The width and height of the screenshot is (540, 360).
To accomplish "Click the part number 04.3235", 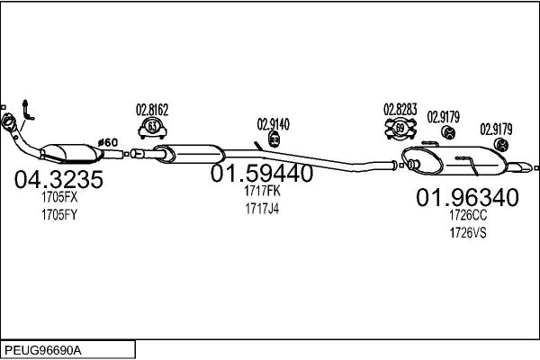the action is [x=58, y=179].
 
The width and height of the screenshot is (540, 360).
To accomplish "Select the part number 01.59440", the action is [x=262, y=174].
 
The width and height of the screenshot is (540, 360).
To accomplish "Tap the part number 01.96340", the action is [x=467, y=197].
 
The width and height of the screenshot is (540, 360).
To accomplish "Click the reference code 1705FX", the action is [x=59, y=197].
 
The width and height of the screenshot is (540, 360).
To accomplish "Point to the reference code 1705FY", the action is [x=59, y=215].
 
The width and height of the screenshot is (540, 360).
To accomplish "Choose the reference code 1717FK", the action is [x=262, y=191].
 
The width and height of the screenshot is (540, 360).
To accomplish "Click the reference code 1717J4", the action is [x=262, y=209].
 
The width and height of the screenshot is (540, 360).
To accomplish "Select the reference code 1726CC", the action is [x=468, y=215].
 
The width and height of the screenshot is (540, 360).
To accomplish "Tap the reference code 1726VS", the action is [x=468, y=233].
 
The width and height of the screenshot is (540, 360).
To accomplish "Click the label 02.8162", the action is [x=152, y=110].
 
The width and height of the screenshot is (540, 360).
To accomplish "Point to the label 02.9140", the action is [x=274, y=124].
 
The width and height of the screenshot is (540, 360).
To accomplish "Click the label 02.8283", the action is [x=400, y=109].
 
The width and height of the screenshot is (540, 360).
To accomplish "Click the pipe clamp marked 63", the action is [x=153, y=128].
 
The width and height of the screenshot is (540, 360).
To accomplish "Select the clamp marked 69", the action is [x=400, y=129].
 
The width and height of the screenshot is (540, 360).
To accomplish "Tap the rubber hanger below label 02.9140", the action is [x=274, y=139].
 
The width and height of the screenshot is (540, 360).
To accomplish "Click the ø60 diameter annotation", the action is [x=108, y=142].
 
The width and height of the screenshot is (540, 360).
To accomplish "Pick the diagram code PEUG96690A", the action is [x=43, y=351].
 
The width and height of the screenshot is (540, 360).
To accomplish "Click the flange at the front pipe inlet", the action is [x=8, y=122].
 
